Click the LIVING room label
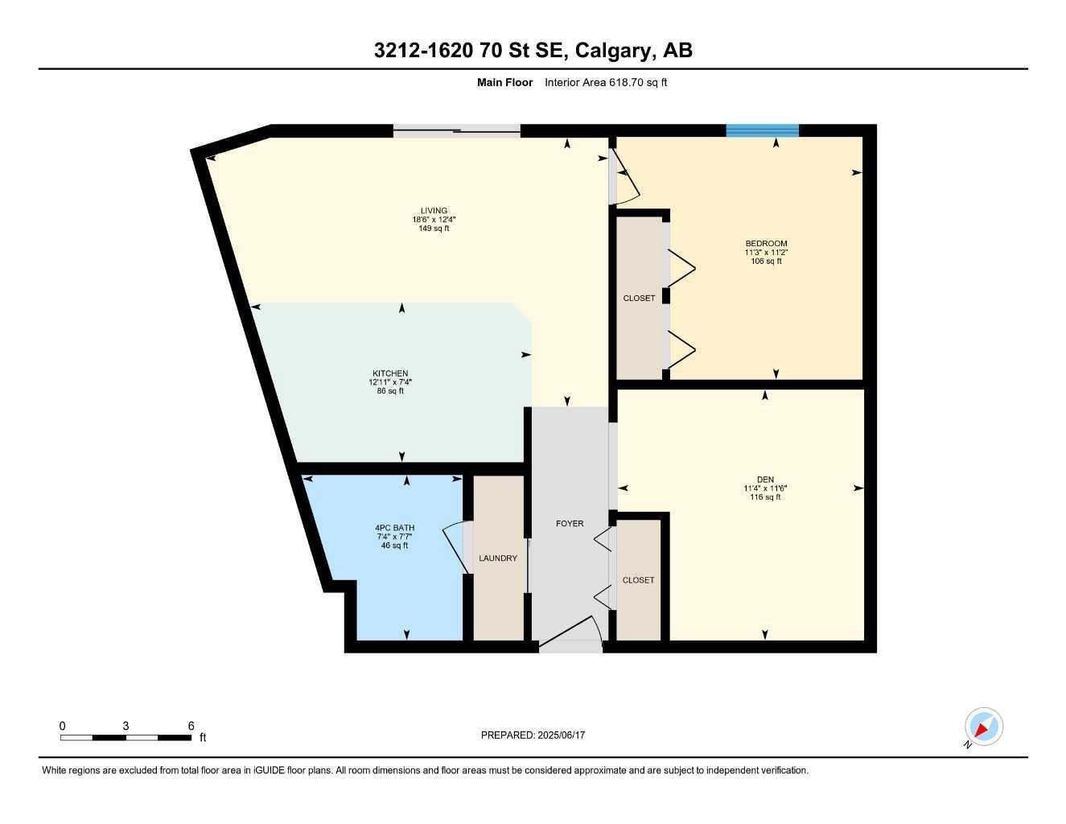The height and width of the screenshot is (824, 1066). [434, 211]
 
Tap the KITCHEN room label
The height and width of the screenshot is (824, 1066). [390, 373]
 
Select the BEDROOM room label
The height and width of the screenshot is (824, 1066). [766, 243]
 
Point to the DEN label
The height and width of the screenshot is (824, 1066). [765, 480]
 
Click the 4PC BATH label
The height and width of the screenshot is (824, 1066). [394, 528]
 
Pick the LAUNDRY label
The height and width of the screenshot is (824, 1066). [498, 558]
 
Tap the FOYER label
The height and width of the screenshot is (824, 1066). [570, 523]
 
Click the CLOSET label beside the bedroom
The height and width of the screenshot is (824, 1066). [639, 299]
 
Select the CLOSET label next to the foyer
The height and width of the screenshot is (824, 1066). [638, 580]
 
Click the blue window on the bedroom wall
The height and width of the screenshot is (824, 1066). [763, 130]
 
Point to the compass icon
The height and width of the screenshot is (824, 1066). [983, 727]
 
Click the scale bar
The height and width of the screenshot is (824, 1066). [126, 738]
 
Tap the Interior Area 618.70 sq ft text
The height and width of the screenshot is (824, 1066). [606, 82]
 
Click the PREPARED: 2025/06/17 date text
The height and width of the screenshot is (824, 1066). [533, 735]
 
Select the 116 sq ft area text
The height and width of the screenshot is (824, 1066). [765, 496]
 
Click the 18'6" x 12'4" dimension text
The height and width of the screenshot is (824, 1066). [434, 220]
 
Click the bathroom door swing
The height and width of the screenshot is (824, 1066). [454, 547]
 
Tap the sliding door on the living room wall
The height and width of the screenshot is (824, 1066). [457, 131]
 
